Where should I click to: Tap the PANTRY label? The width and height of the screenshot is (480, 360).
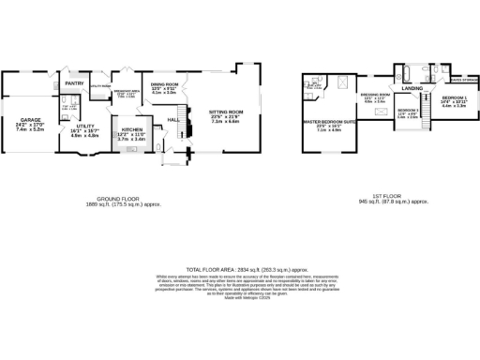[x=75, y=83]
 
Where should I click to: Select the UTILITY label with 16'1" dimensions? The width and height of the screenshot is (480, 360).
[x=86, y=126]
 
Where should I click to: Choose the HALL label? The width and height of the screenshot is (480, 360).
[x=172, y=120]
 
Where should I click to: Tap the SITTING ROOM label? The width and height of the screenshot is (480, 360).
[x=224, y=111]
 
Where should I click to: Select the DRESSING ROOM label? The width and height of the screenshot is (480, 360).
[x=375, y=95]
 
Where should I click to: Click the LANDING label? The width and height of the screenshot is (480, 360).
[x=412, y=89]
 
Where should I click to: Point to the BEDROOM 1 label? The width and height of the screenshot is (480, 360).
[x=454, y=97]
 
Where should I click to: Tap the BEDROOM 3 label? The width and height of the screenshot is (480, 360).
[x=407, y=111]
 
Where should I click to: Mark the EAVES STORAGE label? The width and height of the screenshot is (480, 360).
[x=463, y=81]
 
